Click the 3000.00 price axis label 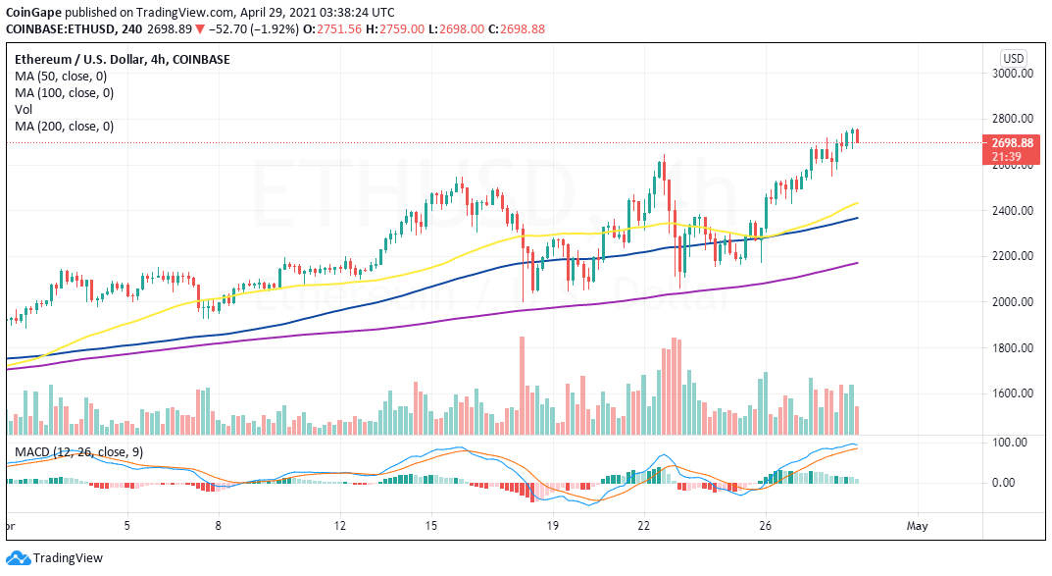[1013, 73]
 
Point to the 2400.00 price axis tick [1013, 210]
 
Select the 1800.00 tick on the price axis [1013, 347]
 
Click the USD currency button [1013, 58]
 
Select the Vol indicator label [23, 109]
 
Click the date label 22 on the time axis [642, 525]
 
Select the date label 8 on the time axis [218, 525]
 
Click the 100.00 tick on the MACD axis [1010, 443]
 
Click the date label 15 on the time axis [430, 525]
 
